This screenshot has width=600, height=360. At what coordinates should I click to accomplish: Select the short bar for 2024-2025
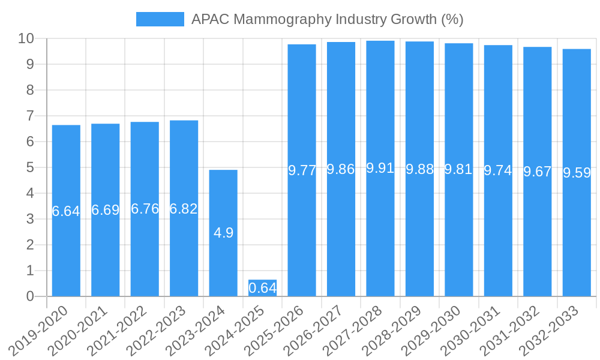click(x=262, y=288)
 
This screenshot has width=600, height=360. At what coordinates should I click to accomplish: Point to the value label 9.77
click(x=302, y=170)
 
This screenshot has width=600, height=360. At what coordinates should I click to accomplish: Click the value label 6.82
click(x=184, y=209)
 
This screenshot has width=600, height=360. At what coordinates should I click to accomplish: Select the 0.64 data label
click(x=262, y=288)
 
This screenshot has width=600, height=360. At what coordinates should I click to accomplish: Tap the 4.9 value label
click(x=223, y=233)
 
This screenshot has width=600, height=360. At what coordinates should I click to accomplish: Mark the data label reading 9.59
click(x=577, y=173)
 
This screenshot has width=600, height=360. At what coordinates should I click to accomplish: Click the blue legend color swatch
click(x=160, y=19)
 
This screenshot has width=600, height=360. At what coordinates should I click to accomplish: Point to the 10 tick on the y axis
click(x=26, y=38)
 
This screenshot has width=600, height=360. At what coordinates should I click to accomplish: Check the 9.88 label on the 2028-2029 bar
click(x=419, y=169)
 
